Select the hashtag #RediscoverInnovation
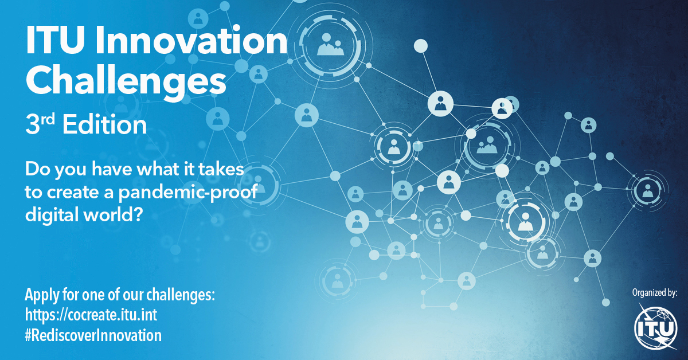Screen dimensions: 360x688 (x=93, y=335)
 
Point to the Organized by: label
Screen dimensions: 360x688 (x=654, y=292)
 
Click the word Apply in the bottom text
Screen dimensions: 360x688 (x=40, y=296)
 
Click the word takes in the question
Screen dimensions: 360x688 (x=222, y=171)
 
